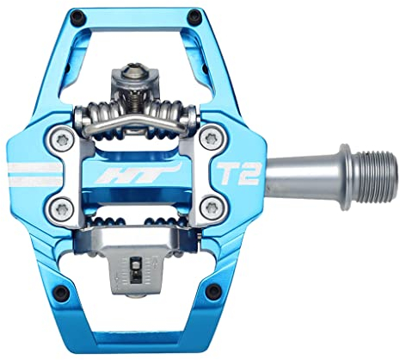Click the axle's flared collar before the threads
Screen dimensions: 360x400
(x=342, y=171)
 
